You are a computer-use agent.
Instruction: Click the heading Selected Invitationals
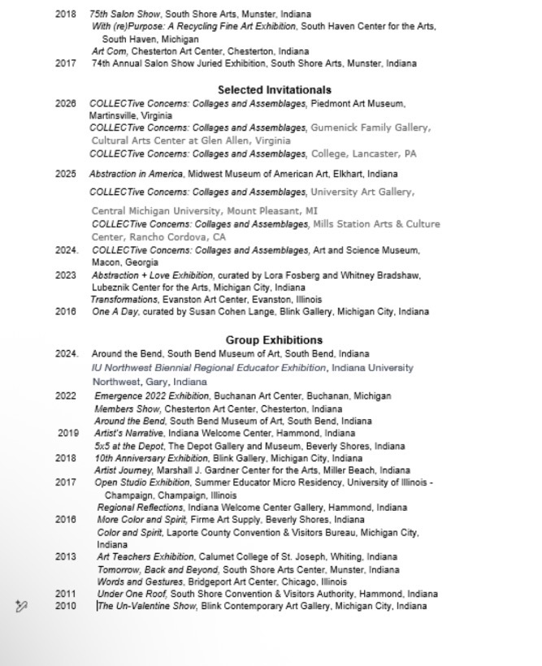[x=275, y=90]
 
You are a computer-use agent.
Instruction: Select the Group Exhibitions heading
[x=274, y=340]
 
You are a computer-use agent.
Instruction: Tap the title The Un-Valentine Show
[x=147, y=606]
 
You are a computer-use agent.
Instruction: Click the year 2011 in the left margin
[x=66, y=594]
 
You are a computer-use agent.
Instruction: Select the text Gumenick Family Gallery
[x=370, y=128]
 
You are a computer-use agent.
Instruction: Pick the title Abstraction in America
[x=137, y=174]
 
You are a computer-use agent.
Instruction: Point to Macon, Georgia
[x=125, y=262]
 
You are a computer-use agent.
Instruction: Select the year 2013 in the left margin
[x=66, y=557]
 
